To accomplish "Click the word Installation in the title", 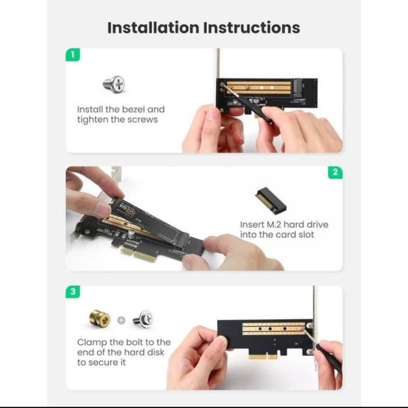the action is coord(153,27).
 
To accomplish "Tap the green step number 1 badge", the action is coord(73,55).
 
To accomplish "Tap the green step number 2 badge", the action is coord(335,173).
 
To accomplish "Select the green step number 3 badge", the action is coord(73,291).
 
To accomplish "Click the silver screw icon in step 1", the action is coord(114,84).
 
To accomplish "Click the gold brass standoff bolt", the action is coord(100,318).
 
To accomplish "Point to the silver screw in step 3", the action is coord(143,319).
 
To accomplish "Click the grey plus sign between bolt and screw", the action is coord(121,321).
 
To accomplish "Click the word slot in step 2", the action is coord(306,235).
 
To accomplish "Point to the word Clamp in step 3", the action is coord(92,343).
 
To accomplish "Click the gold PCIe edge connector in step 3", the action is coord(263,357).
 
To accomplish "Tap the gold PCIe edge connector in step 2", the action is coord(138,254).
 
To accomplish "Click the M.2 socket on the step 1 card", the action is coord(298,87).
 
